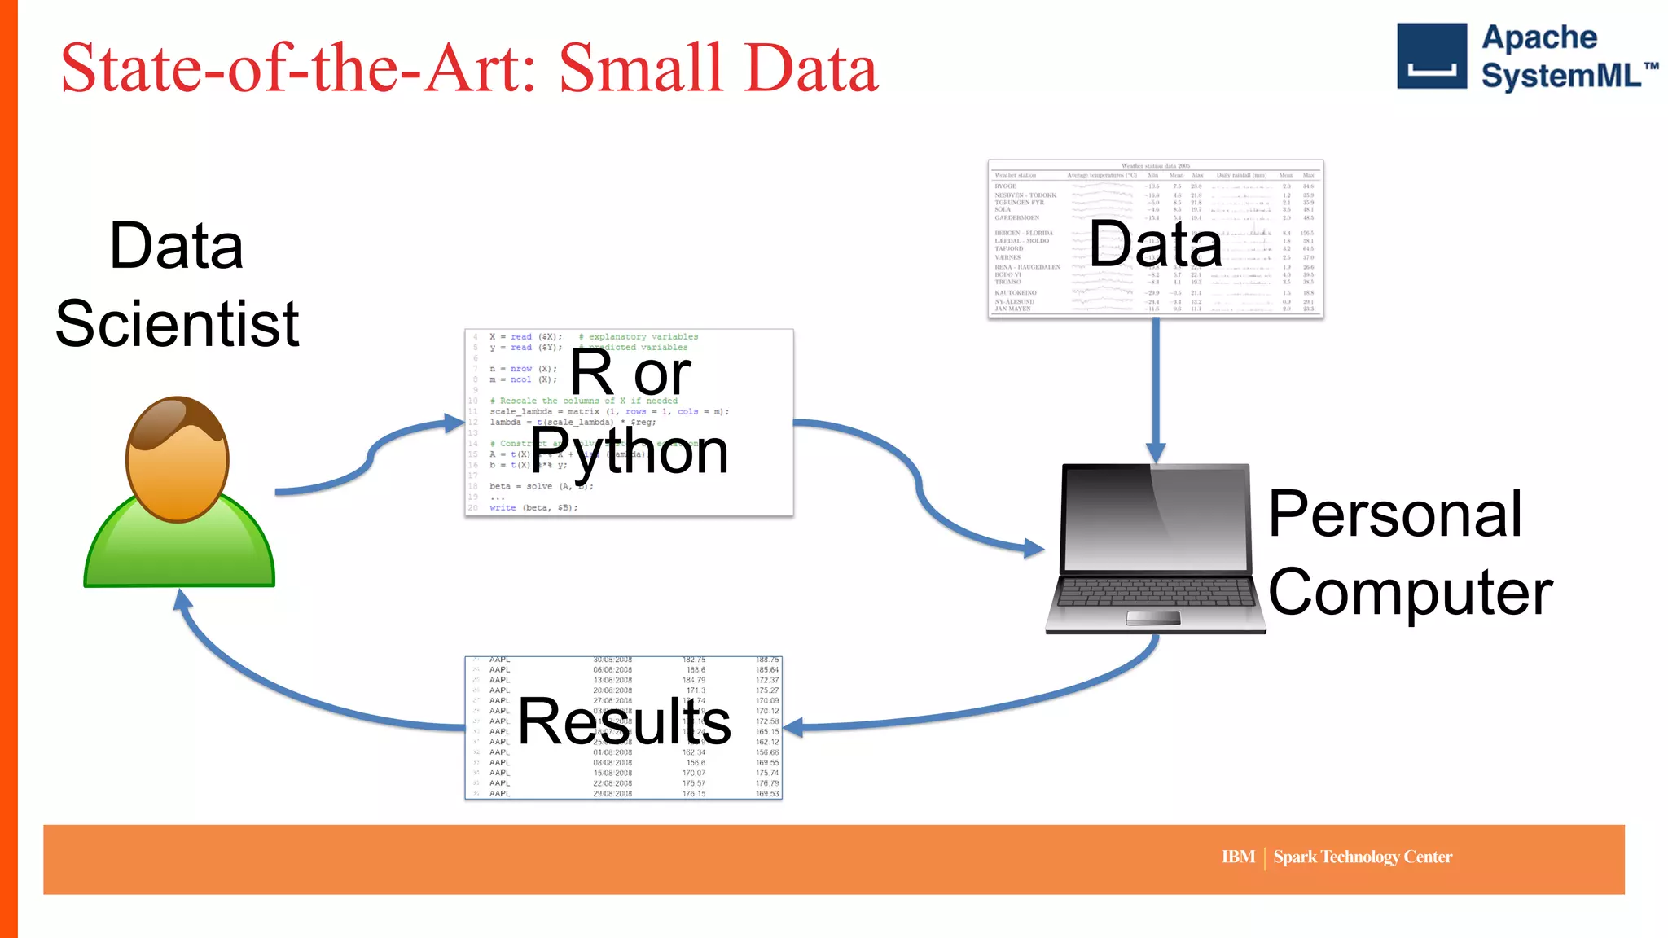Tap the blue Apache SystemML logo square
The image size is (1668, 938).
(1431, 55)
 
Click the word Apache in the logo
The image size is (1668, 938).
(1539, 37)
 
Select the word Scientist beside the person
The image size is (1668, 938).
(178, 324)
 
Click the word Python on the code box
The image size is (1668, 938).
(629, 452)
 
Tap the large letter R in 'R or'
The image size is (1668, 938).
(592, 373)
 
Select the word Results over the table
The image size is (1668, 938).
(624, 721)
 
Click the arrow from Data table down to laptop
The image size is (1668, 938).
(1155, 391)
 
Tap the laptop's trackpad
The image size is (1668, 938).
(1152, 618)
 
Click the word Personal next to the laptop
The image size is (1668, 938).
(1394, 515)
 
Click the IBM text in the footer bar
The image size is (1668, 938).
(1237, 857)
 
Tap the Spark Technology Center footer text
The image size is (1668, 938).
(1362, 857)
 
